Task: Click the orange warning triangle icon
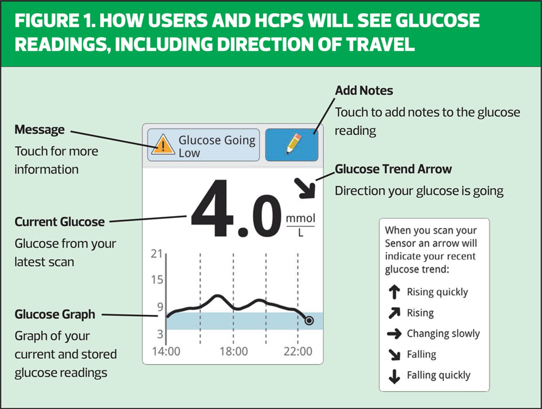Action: (x=163, y=145)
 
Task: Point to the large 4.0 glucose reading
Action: (x=236, y=209)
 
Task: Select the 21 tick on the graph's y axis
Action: (x=157, y=254)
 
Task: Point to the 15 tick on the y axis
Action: (x=157, y=280)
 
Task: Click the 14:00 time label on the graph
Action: (x=166, y=351)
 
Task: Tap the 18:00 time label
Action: (x=234, y=351)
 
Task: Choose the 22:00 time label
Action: (x=298, y=351)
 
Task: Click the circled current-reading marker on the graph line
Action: (x=309, y=321)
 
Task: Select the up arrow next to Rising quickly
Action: (x=394, y=292)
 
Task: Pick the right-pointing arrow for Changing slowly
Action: (x=394, y=334)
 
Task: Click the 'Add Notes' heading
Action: (x=364, y=91)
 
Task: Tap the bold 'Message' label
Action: (x=40, y=130)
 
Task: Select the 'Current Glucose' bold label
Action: (x=60, y=222)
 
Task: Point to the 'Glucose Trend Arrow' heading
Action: (x=393, y=169)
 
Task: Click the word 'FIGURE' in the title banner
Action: (x=47, y=21)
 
